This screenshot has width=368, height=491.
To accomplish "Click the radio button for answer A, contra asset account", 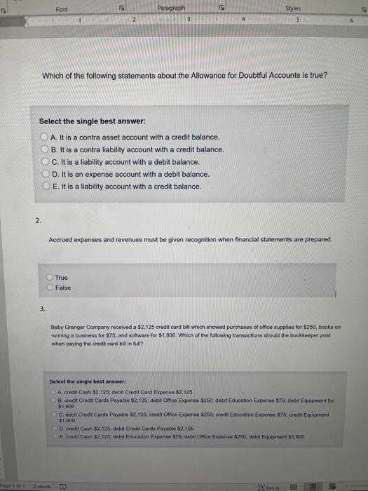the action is (x=44, y=136).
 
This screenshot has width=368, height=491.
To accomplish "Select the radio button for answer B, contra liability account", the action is (x=44, y=149).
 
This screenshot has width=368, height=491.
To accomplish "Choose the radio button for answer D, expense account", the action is (x=44, y=174).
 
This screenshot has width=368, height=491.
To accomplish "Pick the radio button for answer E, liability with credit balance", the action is (x=44, y=187).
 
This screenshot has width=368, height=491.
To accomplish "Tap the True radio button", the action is (x=50, y=277).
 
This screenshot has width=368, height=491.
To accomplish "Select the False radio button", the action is (x=50, y=287).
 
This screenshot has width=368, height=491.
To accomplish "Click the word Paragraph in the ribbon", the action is (x=172, y=8).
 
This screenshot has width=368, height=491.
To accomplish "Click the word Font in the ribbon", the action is (x=63, y=8).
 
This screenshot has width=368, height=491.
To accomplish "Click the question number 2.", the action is (x=37, y=220).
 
